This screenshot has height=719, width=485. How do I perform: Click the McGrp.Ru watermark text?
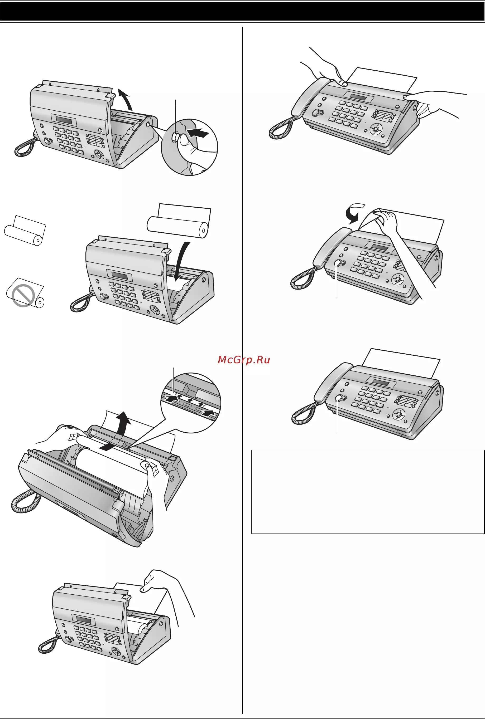244,360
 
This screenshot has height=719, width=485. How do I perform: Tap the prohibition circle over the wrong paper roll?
23,295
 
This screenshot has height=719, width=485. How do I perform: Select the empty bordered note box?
368,492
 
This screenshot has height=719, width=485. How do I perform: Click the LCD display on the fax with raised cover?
64,120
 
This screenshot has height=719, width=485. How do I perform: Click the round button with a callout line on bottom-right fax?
338,398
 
